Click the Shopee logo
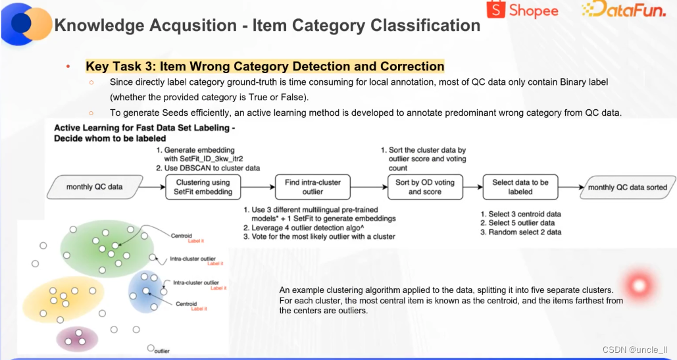(x=522, y=10)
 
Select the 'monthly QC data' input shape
(x=94, y=187)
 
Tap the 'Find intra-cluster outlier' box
(x=313, y=187)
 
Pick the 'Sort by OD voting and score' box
(x=425, y=187)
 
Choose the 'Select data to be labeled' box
(x=520, y=187)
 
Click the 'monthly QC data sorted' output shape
(x=627, y=187)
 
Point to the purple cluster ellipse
(x=73, y=338)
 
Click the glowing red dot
(x=638, y=285)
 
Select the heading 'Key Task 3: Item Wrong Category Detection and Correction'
(x=264, y=66)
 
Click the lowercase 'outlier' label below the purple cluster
(x=161, y=351)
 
